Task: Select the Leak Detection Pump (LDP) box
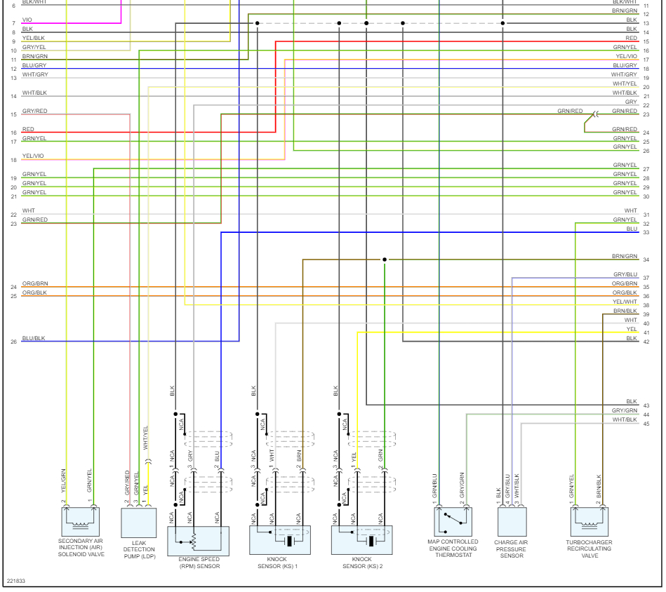[x=139, y=523]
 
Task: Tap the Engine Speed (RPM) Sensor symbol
[x=198, y=540]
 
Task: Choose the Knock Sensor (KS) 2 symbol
[x=362, y=540]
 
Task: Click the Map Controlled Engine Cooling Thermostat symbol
[x=453, y=522]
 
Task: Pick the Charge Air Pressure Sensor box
[x=512, y=523]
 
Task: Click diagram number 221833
[x=17, y=581]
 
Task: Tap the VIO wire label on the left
[x=27, y=20]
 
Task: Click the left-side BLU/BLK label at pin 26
[x=33, y=338]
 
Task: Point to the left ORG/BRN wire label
[x=35, y=283]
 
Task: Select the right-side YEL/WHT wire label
[x=625, y=302]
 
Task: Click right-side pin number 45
[x=646, y=424]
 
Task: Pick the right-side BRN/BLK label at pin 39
[x=625, y=311]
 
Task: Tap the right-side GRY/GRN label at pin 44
[x=625, y=410]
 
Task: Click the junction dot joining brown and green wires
[x=385, y=260]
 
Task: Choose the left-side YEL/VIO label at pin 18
[x=33, y=156]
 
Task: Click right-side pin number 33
[x=646, y=232]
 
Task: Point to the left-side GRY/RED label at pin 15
[x=34, y=111]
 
